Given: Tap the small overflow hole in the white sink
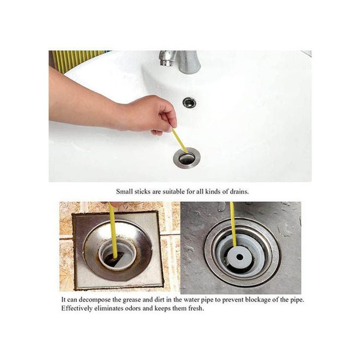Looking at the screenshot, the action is (x=190, y=102).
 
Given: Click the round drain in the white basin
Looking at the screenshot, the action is (x=187, y=158).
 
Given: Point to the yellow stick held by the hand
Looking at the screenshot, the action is (x=180, y=141).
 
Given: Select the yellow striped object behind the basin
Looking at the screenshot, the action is (x=78, y=61).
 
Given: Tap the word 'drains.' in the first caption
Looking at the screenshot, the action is (x=239, y=191).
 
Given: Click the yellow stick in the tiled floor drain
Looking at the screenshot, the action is (x=113, y=230).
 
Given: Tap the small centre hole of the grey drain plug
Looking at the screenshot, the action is (x=239, y=257).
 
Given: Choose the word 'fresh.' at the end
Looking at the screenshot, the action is (x=196, y=308).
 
